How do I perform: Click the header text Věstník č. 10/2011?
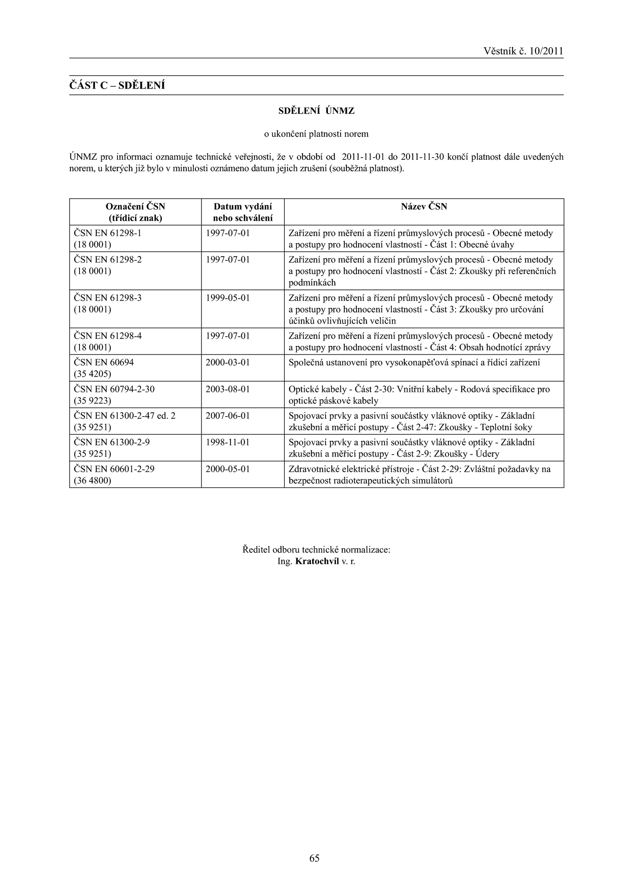[523, 51]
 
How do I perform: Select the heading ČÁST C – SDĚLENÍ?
[117, 85]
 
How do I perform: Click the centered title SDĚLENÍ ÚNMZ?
[316, 111]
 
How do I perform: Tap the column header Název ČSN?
[424, 206]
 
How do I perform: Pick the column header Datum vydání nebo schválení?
[243, 212]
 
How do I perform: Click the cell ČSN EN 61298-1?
[108, 233]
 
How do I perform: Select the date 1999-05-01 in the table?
[228, 298]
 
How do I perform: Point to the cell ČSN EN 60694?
[104, 362]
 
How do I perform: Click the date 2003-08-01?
[228, 389]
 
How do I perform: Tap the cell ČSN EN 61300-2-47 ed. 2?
[125, 416]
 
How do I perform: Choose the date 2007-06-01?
[228, 416]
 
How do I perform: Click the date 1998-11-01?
[228, 442]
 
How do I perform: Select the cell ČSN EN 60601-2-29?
[114, 469]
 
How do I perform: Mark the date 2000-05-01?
[228, 469]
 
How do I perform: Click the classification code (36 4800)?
[93, 481]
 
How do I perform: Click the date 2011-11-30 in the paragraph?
[423, 157]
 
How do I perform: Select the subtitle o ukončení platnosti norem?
[316, 134]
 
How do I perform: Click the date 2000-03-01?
[228, 362]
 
